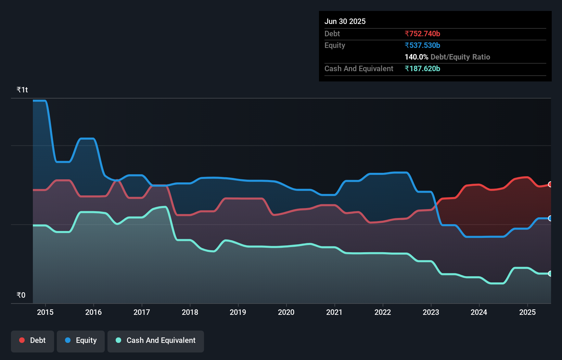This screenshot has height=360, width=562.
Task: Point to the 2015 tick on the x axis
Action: [x=45, y=312]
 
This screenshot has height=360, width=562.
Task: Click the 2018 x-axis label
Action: [x=190, y=312]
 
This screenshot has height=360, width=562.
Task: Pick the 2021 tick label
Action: [x=334, y=312]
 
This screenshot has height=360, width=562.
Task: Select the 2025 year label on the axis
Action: [x=527, y=312]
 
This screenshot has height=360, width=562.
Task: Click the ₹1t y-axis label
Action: [x=22, y=90]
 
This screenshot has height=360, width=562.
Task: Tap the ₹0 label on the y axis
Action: [x=21, y=295]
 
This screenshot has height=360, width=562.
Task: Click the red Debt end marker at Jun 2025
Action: [x=550, y=184]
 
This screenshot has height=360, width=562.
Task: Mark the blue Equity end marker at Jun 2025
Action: [x=550, y=218]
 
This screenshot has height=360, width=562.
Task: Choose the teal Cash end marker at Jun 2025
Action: [x=550, y=273]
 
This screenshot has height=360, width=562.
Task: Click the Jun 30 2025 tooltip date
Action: [x=345, y=22]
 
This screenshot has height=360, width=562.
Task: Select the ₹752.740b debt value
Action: [x=422, y=34]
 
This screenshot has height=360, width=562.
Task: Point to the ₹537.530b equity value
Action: [x=422, y=46]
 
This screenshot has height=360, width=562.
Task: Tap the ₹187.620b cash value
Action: [x=422, y=69]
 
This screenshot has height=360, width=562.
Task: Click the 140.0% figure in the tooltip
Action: [x=416, y=57]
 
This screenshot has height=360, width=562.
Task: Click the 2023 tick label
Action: [x=431, y=312]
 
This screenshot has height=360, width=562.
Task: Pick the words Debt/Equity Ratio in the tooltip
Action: [x=460, y=57]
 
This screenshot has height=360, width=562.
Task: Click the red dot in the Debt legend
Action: [x=22, y=340]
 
